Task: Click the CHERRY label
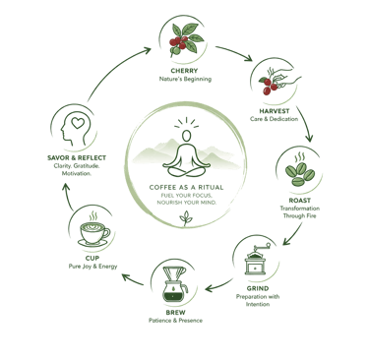click(184, 71)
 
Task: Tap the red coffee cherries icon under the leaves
click(178, 42)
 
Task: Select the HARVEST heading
click(275, 111)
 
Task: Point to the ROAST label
click(300, 201)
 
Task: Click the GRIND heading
click(258, 288)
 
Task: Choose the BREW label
click(175, 313)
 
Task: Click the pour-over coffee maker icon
click(175, 284)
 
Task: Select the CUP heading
click(92, 258)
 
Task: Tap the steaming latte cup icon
click(93, 229)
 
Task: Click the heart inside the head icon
click(78, 123)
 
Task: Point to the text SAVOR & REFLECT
click(77, 158)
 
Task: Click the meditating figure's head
click(186, 136)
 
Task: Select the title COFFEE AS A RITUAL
click(186, 188)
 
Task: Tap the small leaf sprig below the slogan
click(186, 218)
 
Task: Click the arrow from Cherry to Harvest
click(234, 52)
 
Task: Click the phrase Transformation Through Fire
click(300, 212)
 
